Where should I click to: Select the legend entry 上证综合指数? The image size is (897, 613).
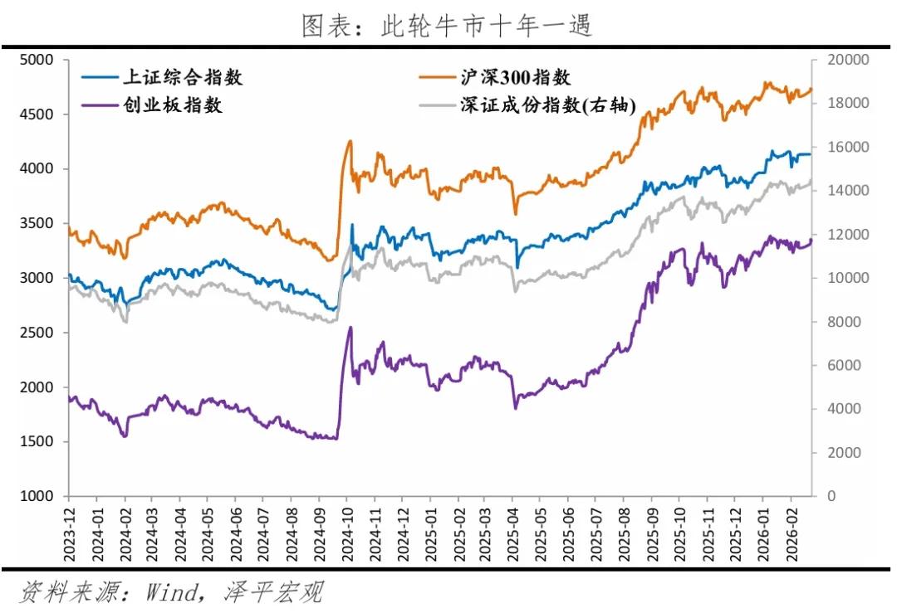(182, 78)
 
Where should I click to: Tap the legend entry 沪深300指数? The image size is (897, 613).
(515, 78)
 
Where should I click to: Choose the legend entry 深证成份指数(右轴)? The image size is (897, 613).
(548, 105)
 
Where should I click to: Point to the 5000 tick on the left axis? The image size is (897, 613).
(37, 60)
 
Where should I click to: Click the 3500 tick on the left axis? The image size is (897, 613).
(37, 223)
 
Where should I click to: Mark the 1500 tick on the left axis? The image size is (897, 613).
(37, 441)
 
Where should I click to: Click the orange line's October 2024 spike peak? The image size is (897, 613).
(350, 141)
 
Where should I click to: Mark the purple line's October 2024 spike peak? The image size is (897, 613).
(350, 327)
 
